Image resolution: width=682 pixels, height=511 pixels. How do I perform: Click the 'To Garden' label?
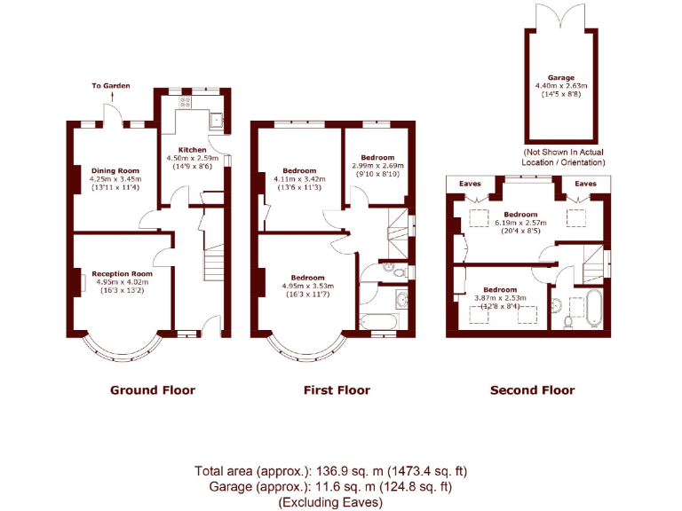point(111,86)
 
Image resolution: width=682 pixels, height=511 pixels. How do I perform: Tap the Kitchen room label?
point(192,150)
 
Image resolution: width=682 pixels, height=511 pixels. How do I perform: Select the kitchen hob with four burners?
point(186,100)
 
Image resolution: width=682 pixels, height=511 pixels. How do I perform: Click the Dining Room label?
point(115,170)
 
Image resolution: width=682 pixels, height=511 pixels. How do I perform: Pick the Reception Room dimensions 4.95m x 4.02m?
point(115,283)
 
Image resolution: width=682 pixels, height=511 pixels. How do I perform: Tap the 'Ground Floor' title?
point(152,390)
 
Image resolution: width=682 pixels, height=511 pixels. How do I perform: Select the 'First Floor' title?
point(337,390)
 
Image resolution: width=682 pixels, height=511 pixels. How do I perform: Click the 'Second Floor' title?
point(532,390)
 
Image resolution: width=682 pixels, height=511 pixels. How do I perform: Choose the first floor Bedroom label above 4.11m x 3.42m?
point(298,170)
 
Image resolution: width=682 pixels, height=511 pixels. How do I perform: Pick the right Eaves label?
point(585,184)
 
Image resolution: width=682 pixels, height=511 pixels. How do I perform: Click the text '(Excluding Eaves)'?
point(331,502)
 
